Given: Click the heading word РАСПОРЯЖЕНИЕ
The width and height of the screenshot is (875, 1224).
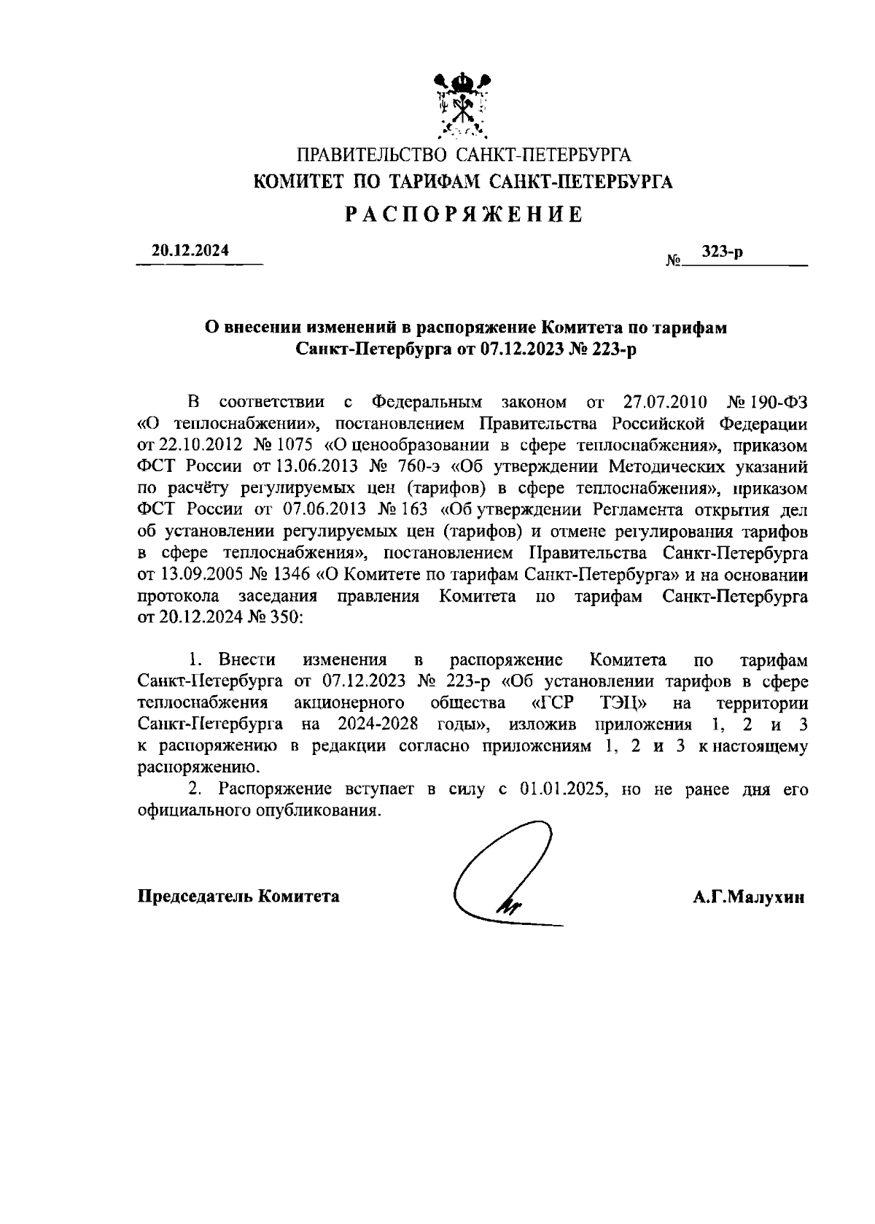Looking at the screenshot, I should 463,214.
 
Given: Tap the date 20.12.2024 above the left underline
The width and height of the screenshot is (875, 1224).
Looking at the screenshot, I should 190,250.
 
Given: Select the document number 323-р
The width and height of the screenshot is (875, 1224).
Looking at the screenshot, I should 722,252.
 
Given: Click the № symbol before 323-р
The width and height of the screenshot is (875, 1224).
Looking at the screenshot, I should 673,260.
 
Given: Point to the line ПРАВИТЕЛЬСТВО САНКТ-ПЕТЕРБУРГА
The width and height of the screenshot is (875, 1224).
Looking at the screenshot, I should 463,155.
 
